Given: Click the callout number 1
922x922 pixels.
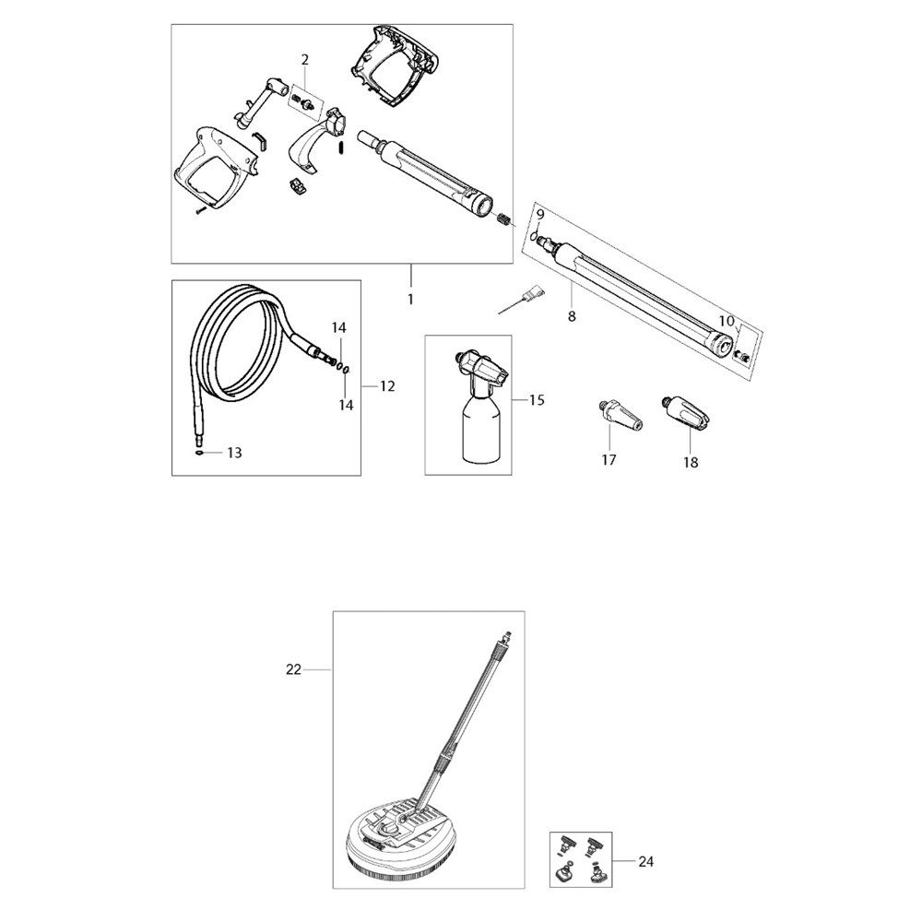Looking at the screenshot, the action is pyautogui.click(x=410, y=300).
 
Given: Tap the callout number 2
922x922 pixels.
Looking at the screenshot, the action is pyautogui.click(x=304, y=59).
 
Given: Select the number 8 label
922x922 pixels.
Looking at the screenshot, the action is pyautogui.click(x=572, y=317).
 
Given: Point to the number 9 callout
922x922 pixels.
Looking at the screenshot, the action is pyautogui.click(x=540, y=215).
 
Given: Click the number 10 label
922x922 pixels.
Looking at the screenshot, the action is pyautogui.click(x=727, y=321).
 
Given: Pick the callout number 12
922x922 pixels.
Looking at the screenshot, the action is pyautogui.click(x=387, y=386).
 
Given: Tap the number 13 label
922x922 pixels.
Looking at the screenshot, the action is pyautogui.click(x=234, y=453).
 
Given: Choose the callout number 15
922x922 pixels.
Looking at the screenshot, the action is pyautogui.click(x=537, y=400).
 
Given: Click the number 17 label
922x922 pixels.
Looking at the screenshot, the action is pyautogui.click(x=609, y=460).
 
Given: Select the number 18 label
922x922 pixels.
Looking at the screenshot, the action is pyautogui.click(x=691, y=462).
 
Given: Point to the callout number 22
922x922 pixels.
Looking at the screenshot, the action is pyautogui.click(x=293, y=669).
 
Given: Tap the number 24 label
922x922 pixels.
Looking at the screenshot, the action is pyautogui.click(x=645, y=862).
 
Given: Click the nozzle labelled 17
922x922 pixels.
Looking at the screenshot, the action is pyautogui.click(x=620, y=415).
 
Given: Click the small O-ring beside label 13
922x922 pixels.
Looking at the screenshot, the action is pyautogui.click(x=199, y=453).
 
